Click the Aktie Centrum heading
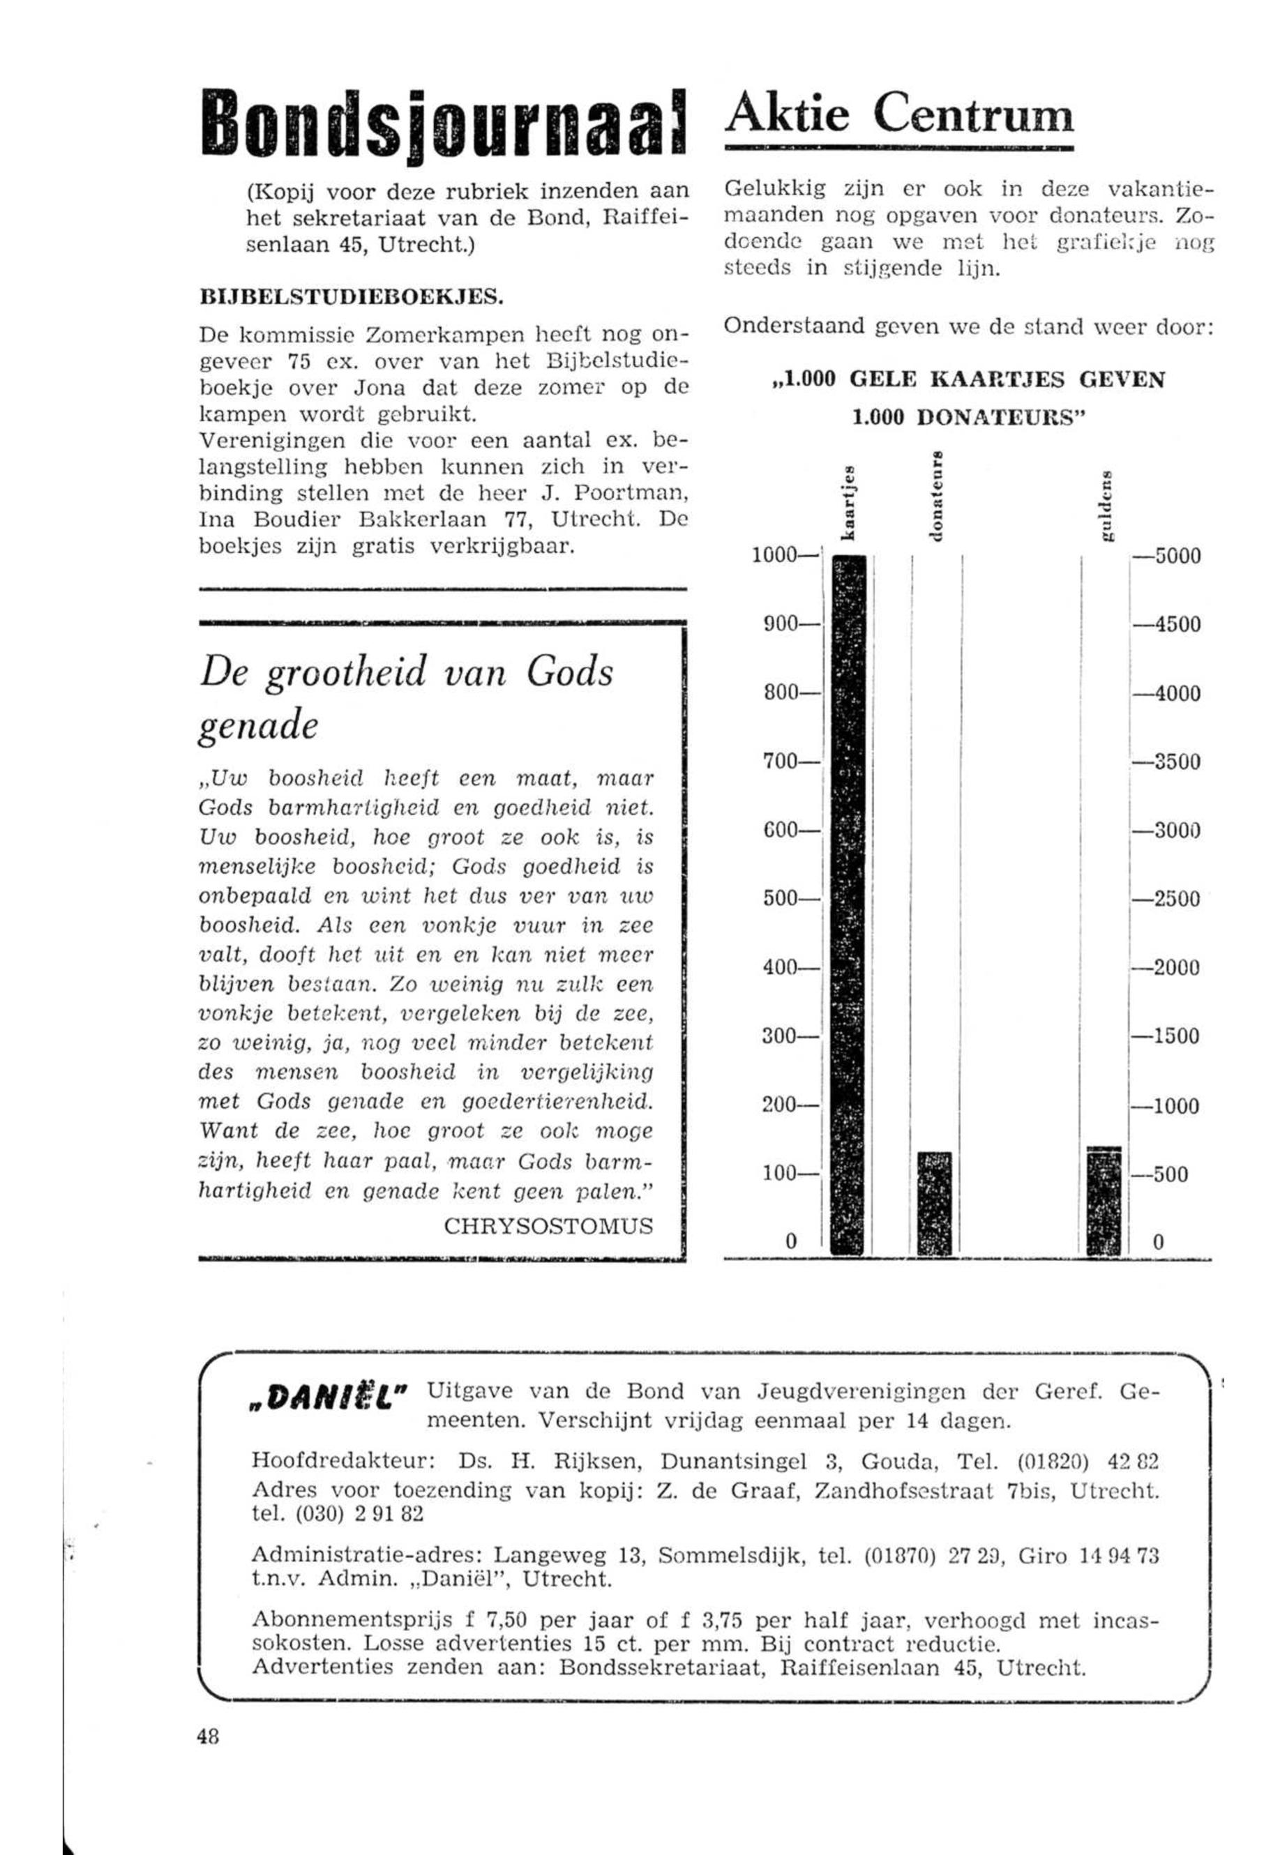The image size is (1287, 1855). (x=899, y=115)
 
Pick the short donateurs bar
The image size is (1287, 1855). (x=935, y=1202)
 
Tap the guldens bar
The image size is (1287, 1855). (x=1104, y=1199)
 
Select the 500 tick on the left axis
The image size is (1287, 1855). (x=783, y=898)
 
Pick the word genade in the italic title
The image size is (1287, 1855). (x=258, y=727)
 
